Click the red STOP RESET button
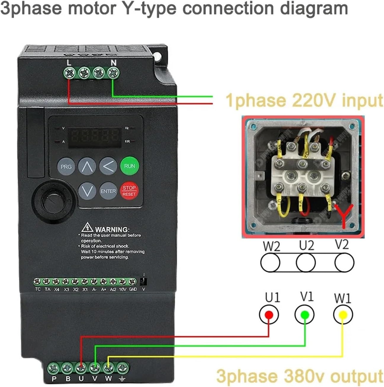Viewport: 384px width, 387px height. (x=129, y=191)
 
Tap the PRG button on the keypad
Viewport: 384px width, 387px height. (x=66, y=167)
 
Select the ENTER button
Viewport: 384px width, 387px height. (x=108, y=191)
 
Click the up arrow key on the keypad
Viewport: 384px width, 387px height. (x=87, y=166)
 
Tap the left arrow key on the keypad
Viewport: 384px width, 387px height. (x=108, y=166)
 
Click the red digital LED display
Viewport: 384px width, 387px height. (x=95, y=137)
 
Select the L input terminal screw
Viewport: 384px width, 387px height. (x=69, y=72)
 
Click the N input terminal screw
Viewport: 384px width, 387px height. (x=113, y=72)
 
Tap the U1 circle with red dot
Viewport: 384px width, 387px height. (x=269, y=315)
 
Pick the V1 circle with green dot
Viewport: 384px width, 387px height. (x=304, y=315)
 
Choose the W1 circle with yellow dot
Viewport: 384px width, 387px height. (x=343, y=315)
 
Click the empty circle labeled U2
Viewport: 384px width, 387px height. (x=306, y=262)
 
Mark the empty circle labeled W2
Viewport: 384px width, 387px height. (x=270, y=262)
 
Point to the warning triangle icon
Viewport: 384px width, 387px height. (x=87, y=227)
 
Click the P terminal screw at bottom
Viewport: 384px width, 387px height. (x=54, y=368)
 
